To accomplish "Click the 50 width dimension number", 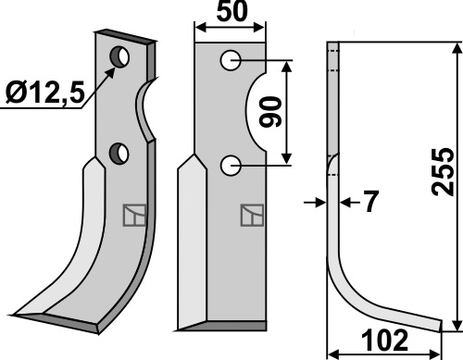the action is [231, 12].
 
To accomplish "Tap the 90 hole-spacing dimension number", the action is [270, 112].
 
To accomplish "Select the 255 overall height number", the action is [443, 172].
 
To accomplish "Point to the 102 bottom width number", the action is [385, 341].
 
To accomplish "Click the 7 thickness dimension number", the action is [370, 202].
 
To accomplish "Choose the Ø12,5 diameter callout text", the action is [45, 93].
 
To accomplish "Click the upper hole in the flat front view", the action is [231, 60].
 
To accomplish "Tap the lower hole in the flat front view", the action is [231, 166].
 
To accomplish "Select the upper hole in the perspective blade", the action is [119, 56].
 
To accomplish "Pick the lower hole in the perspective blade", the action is [119, 154].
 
